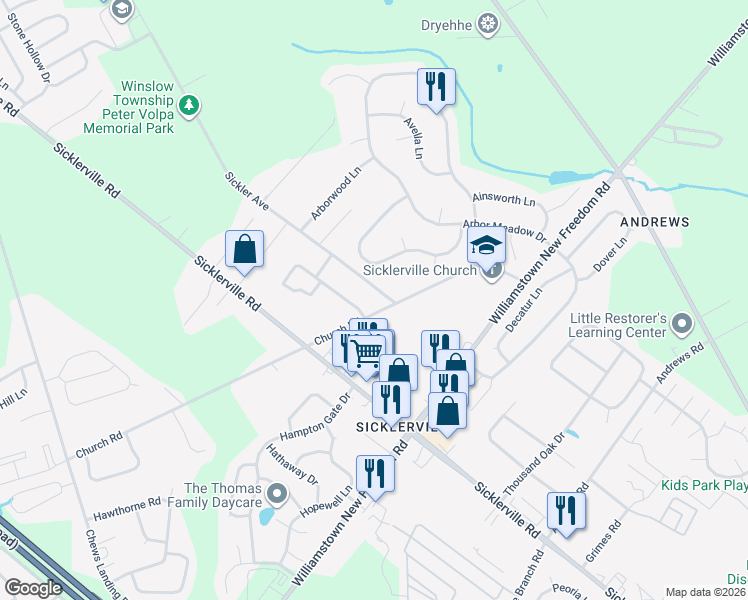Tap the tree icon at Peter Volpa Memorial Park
coord(188,104)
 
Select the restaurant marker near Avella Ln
coord(436,87)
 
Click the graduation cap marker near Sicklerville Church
coord(486,244)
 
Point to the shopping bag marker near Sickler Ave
coord(244,250)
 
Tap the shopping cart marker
coord(367,352)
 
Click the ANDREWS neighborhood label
coord(655,220)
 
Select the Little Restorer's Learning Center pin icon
coord(682,323)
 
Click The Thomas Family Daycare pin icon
coord(277,494)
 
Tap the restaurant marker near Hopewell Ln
coord(375,473)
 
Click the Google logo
coord(33,588)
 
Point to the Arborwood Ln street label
coord(335,194)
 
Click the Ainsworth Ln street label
coord(504,201)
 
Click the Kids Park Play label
coord(703,486)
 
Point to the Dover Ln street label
coord(610,256)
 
